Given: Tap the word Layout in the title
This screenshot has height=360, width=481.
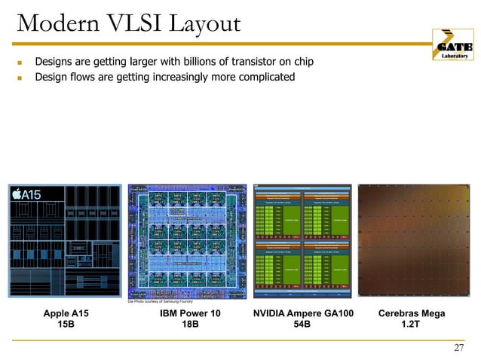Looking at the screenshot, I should click(x=202, y=26).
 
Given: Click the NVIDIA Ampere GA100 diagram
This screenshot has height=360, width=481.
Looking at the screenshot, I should click(x=302, y=240).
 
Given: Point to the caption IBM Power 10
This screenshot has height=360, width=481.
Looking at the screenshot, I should click(x=190, y=313).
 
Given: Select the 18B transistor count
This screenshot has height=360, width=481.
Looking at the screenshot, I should click(x=191, y=325).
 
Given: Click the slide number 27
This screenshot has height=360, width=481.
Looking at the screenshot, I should click(x=458, y=347).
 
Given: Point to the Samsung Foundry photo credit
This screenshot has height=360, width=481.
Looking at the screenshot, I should click(x=160, y=301).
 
